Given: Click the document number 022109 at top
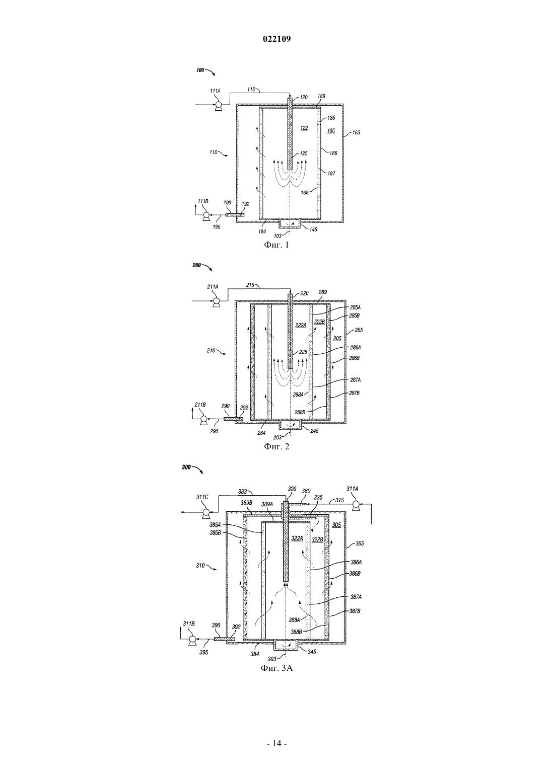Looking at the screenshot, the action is coord(276,39).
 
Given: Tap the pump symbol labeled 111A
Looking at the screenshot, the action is coord(218,105).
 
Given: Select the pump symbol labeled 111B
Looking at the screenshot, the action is coord(205,216).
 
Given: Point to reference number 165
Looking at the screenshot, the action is coord(356,133).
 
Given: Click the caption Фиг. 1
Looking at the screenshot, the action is coord(276,245).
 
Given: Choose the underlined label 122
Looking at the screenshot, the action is coord(304,128).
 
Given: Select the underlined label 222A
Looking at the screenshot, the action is coord(301,325).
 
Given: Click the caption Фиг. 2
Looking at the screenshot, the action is coord(276,446).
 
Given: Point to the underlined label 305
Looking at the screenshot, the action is coord(336,525).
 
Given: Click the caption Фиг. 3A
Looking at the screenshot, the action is coord(276,668).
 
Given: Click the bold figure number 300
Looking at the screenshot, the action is coord(186,467).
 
